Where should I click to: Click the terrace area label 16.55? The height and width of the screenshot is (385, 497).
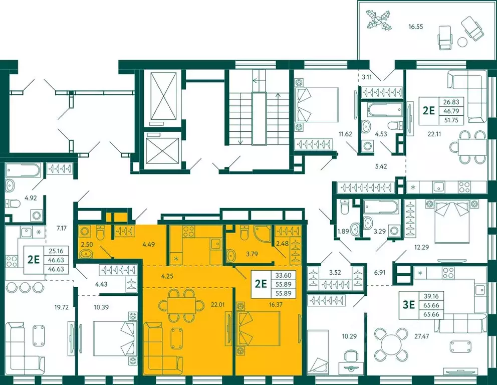(x=415, y=27)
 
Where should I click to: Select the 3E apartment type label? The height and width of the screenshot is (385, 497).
(x=408, y=305)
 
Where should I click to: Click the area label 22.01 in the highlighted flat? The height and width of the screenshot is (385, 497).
(x=218, y=305)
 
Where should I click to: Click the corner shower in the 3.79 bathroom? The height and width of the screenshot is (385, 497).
(x=263, y=233)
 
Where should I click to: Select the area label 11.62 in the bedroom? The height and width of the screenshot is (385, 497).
(x=345, y=134)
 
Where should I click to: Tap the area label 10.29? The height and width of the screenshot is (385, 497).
(x=349, y=336)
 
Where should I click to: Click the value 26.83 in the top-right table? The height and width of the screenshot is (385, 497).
(x=451, y=102)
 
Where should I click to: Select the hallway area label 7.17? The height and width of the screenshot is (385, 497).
(x=61, y=228)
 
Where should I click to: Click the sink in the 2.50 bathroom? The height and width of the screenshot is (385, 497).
(x=86, y=254)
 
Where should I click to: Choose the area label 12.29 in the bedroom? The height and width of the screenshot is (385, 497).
(x=421, y=247)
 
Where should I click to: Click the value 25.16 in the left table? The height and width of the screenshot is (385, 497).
(x=56, y=251)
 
